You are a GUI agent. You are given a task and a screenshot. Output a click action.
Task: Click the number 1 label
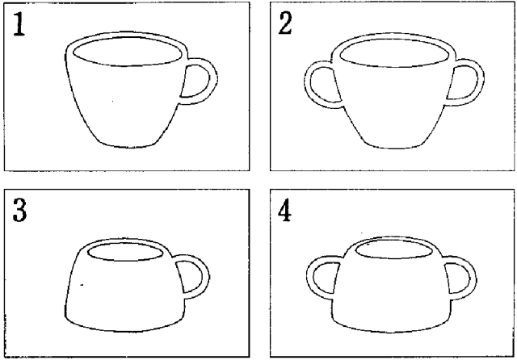coord(19,24)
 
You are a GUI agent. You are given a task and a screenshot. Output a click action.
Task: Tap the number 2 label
coord(285,23)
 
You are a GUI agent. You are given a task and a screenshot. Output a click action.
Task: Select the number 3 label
coord(19,210)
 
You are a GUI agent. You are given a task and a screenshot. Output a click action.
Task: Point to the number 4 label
coord(284,210)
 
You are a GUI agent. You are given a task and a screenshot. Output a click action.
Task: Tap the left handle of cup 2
coord(307,84)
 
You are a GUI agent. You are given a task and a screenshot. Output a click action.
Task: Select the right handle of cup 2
coord(481,82)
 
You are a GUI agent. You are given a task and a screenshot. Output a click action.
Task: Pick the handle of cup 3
coord(206,277)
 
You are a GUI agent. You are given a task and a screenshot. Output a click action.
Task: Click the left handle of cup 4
coord(309,277)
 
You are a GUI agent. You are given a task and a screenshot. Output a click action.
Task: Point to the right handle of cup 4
coord(473,278)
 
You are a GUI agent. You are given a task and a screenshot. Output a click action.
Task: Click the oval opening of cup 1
coord(127,52)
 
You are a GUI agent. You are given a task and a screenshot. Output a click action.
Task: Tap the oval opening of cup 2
coord(394,53)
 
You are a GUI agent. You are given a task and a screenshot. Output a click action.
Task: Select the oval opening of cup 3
coord(125,252)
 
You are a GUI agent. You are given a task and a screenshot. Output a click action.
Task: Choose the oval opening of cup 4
coord(394,249)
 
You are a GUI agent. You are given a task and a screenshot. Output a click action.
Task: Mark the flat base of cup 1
coord(128,146)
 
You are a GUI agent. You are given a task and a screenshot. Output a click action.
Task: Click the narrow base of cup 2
coord(393,147)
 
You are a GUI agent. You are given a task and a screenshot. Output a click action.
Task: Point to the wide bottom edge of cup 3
coord(124,329)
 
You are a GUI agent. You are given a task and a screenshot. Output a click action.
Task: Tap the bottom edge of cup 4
coord(391,330)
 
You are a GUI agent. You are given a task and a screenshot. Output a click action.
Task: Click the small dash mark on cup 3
coord(82,285)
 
